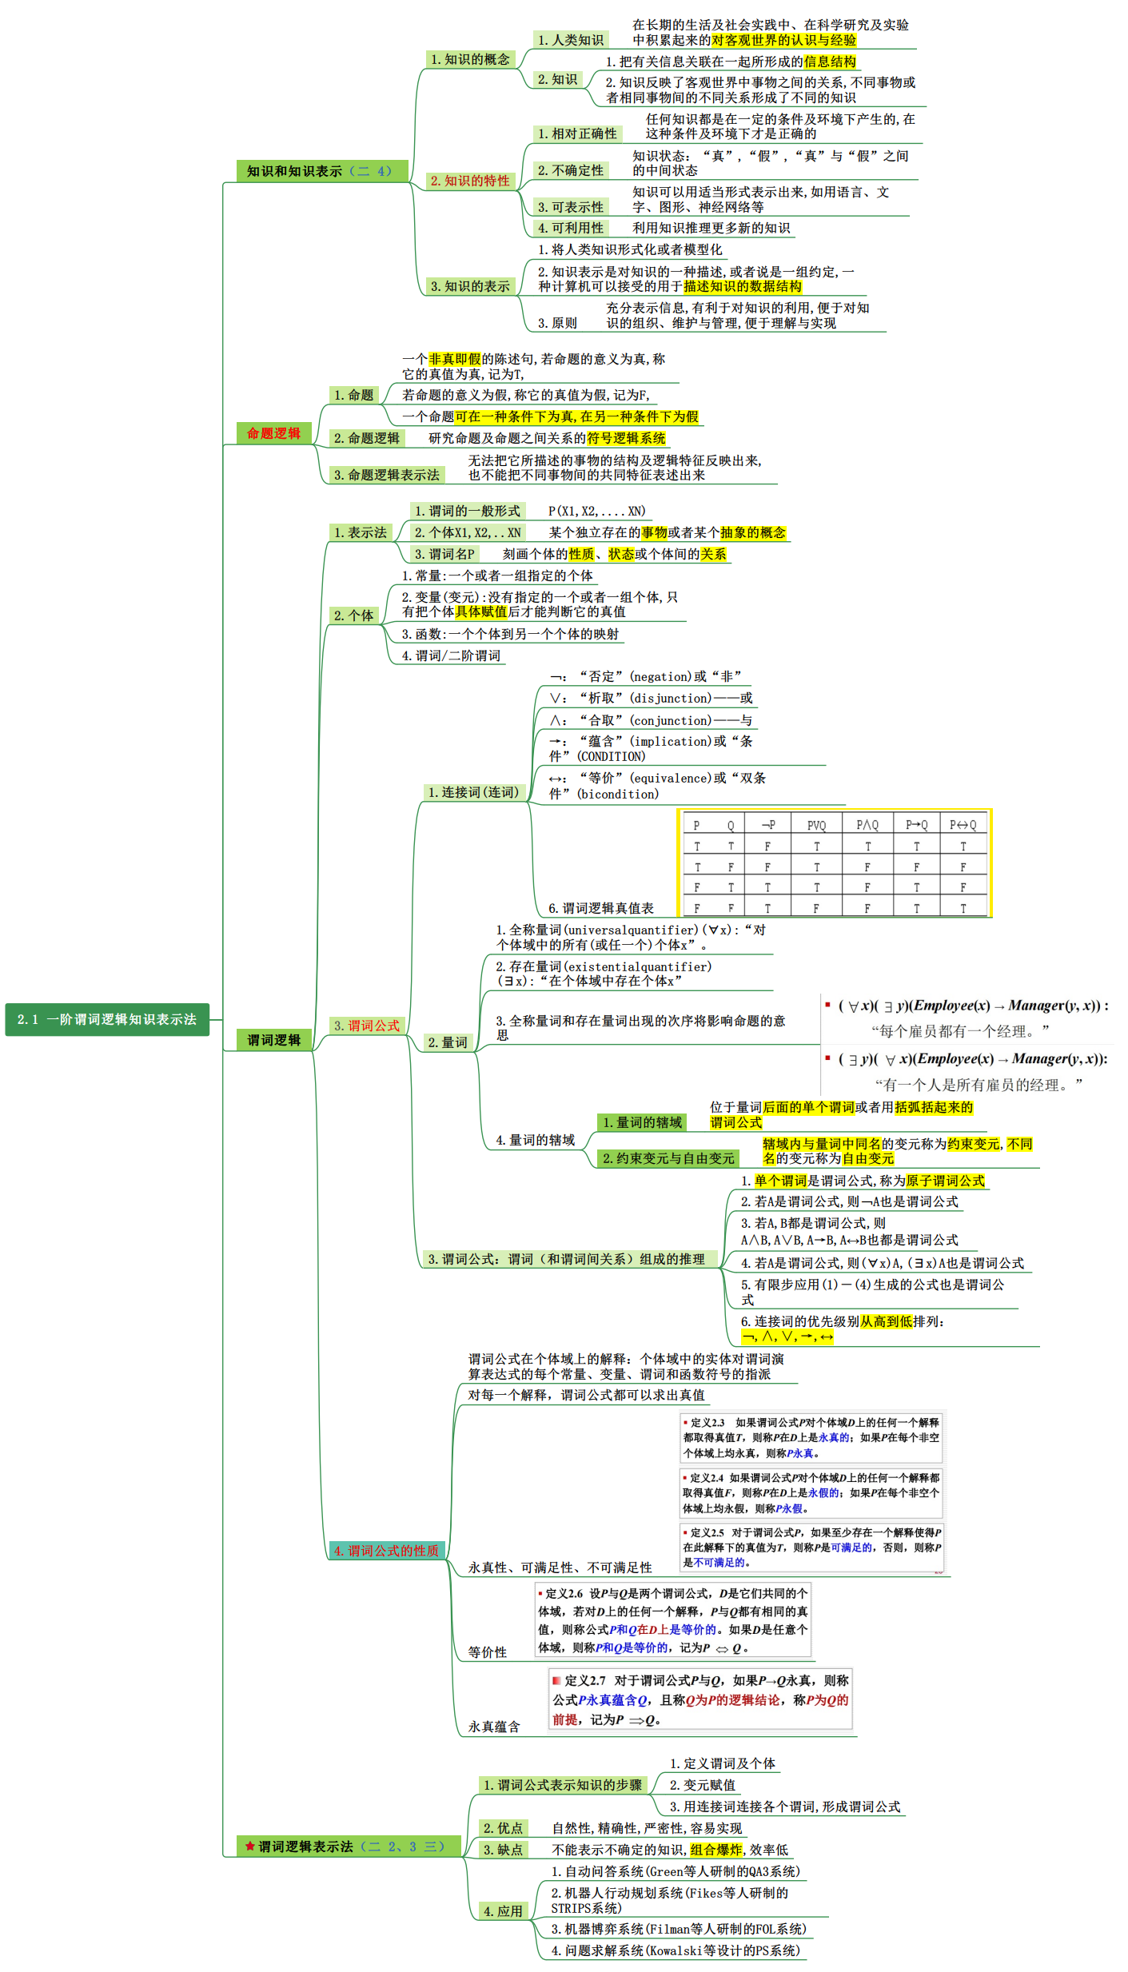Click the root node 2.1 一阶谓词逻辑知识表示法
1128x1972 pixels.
tap(107, 1019)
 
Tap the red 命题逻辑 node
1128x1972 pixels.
tap(273, 433)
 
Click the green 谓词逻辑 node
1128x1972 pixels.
tap(273, 1040)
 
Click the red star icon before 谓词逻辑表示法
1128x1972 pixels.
tap(250, 1847)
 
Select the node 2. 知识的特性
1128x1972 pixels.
tap(469, 181)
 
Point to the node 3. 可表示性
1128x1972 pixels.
tap(570, 207)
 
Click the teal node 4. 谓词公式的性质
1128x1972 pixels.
tap(387, 1551)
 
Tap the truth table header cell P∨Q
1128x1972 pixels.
tap(816, 825)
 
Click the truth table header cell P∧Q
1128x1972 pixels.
tap(867, 825)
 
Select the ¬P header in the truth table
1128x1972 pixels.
tap(767, 825)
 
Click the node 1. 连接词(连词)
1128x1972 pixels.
tap(474, 792)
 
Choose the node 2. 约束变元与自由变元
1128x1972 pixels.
tap(668, 1158)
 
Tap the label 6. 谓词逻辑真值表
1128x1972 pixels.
tap(600, 908)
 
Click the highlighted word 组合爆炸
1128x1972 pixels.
tap(716, 1850)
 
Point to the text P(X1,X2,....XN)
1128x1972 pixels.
tap(596, 511)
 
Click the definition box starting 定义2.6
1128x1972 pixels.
tap(672, 1620)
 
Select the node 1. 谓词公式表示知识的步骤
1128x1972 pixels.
tap(563, 1785)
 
